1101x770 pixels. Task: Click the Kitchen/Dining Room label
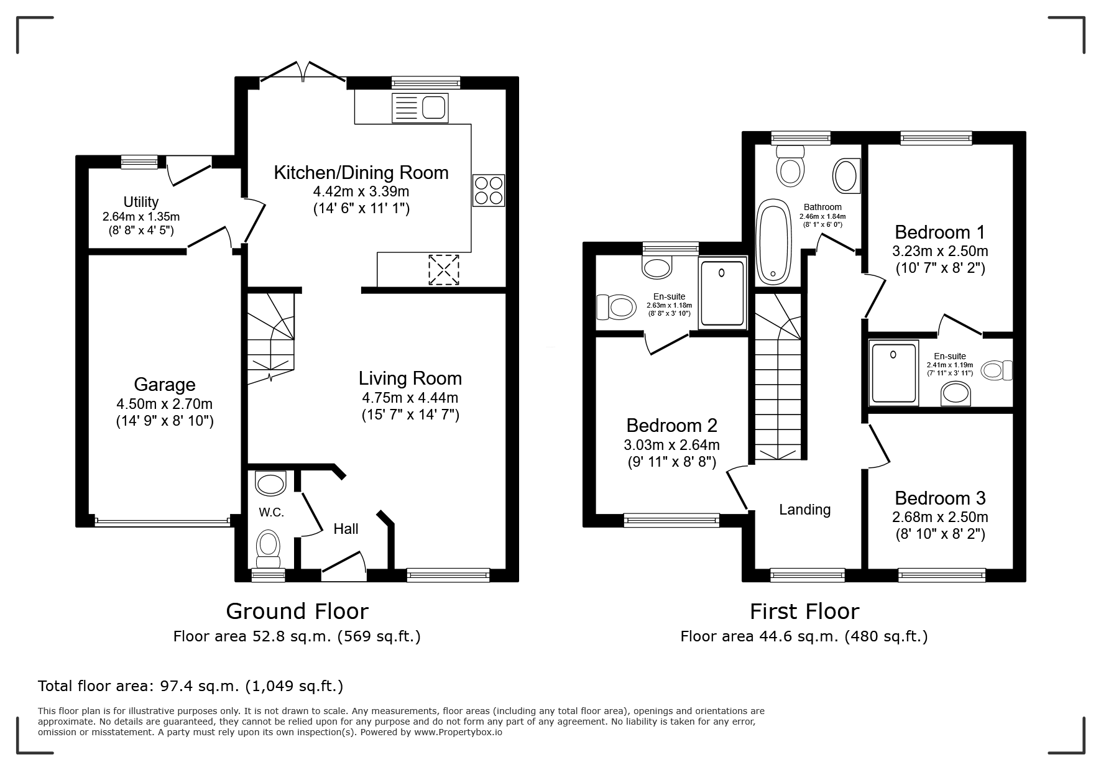tap(361, 172)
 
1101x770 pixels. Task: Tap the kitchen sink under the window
tap(420, 108)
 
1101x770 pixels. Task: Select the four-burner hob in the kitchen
tap(489, 191)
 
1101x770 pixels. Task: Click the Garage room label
tap(165, 385)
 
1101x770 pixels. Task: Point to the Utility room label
tap(141, 202)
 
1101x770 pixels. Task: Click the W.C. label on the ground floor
tap(272, 512)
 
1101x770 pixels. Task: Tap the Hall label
tap(346, 529)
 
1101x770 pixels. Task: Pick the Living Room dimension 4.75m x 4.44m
tap(410, 398)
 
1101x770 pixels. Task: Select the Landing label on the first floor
tap(805, 510)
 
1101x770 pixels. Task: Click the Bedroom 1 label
tap(940, 232)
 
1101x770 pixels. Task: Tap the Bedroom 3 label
tap(940, 498)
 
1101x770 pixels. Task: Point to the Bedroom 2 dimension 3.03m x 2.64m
tap(671, 445)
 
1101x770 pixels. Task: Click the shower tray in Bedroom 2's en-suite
tap(722, 293)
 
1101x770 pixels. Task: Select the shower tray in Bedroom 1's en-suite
tap(895, 373)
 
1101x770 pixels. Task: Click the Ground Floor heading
tap(297, 612)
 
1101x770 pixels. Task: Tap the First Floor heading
tap(804, 612)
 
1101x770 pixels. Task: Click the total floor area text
tap(191, 686)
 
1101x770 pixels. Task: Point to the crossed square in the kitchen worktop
tap(443, 270)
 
